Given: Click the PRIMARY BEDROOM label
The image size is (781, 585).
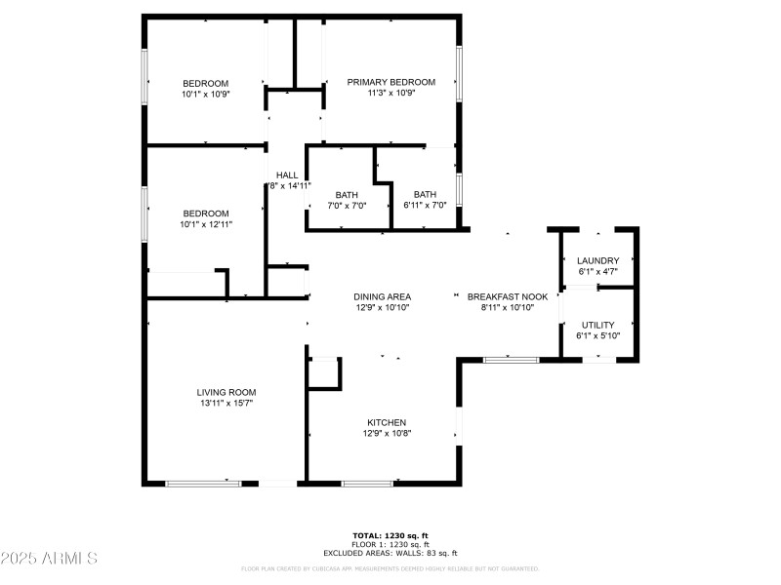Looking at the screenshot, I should [x=391, y=82].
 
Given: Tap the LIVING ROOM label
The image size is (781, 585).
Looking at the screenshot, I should [x=226, y=392].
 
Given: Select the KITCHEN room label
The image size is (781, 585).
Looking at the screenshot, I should [x=387, y=422].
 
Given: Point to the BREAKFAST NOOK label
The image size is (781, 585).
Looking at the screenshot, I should [x=508, y=296].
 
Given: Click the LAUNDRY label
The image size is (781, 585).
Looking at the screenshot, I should [x=597, y=260].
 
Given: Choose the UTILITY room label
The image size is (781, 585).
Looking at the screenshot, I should [x=598, y=325].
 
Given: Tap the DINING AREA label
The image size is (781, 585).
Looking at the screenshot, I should [x=382, y=296].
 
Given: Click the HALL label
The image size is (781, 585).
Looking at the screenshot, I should [x=286, y=175].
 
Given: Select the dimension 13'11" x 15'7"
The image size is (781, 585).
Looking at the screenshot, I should [x=226, y=404].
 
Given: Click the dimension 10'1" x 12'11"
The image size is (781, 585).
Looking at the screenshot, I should [x=206, y=224].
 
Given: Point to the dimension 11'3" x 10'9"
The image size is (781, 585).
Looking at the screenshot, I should [x=391, y=94].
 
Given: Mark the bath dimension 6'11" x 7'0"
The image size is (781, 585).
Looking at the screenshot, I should [x=425, y=205].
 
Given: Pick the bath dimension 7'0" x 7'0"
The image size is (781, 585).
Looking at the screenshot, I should [x=347, y=205].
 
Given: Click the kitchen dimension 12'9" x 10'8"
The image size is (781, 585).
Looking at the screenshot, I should [x=387, y=434].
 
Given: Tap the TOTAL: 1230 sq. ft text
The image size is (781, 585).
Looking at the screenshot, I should [x=390, y=535].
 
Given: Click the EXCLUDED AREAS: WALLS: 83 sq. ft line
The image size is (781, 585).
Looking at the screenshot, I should [x=390, y=552].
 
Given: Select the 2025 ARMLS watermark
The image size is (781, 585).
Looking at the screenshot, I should [x=49, y=559].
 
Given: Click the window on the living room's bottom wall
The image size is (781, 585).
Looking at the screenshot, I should [x=203, y=483].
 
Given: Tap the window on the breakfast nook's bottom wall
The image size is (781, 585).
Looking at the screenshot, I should [x=512, y=360].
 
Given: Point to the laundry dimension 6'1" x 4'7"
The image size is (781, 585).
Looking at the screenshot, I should [x=597, y=272].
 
